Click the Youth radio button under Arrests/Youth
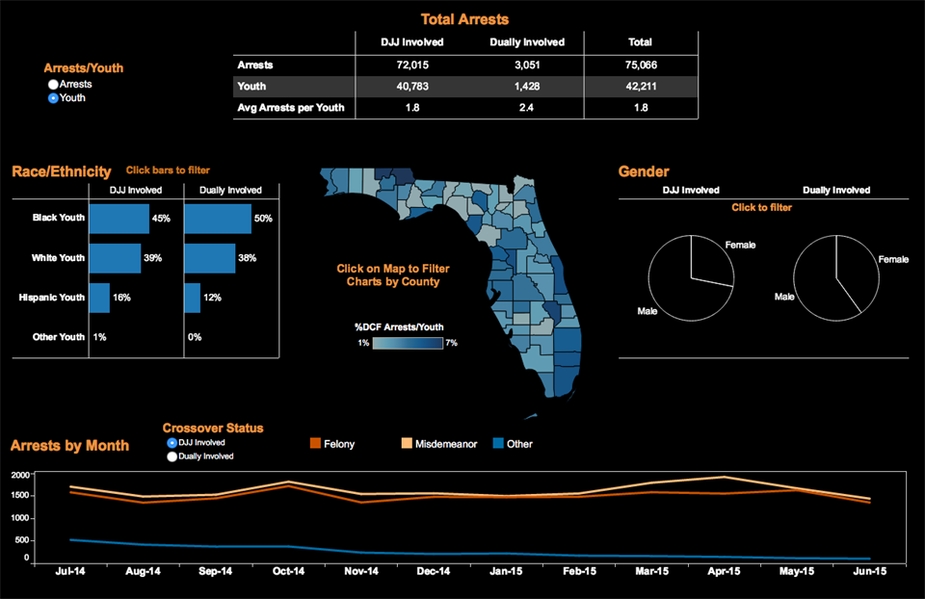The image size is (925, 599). click(53, 98)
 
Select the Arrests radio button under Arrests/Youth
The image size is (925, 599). click(53, 85)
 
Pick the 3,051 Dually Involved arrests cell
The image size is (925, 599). click(526, 65)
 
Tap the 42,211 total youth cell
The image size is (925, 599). click(640, 87)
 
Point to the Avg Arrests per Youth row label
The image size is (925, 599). click(291, 108)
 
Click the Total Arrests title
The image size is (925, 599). click(464, 19)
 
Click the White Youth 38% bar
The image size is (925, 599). click(209, 258)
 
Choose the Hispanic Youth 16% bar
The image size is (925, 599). click(99, 298)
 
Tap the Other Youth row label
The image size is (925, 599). click(59, 337)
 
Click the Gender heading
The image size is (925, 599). click(644, 171)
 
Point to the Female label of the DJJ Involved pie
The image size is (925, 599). click(740, 245)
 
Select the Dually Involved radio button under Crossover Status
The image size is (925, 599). click(172, 456)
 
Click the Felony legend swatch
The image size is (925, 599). click(314, 444)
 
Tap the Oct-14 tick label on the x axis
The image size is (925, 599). click(288, 571)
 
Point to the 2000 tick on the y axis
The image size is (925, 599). click(21, 476)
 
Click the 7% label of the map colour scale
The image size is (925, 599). click(451, 343)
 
